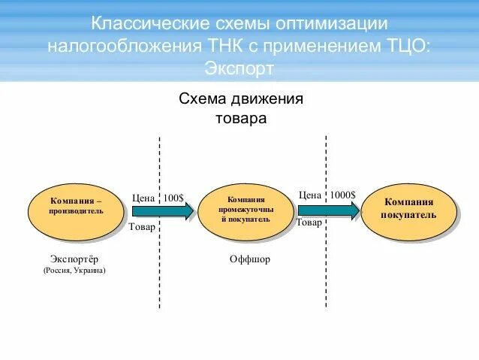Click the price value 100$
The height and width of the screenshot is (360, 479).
pos(173,198)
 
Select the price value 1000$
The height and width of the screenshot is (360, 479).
pos(343,195)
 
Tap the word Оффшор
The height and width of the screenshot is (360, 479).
pos(249,259)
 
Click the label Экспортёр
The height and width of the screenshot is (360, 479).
pos(74,259)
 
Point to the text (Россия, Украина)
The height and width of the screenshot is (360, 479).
pos(74,270)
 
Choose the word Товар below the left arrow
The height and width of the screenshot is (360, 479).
pos(143,227)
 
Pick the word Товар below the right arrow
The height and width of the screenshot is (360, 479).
pos(309,222)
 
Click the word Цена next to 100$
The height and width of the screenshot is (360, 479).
pos(143,198)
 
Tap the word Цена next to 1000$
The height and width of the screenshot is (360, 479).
pos(310,195)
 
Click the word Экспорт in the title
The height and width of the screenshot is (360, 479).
pos(239,68)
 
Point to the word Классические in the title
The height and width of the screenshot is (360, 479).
pos(146,24)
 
